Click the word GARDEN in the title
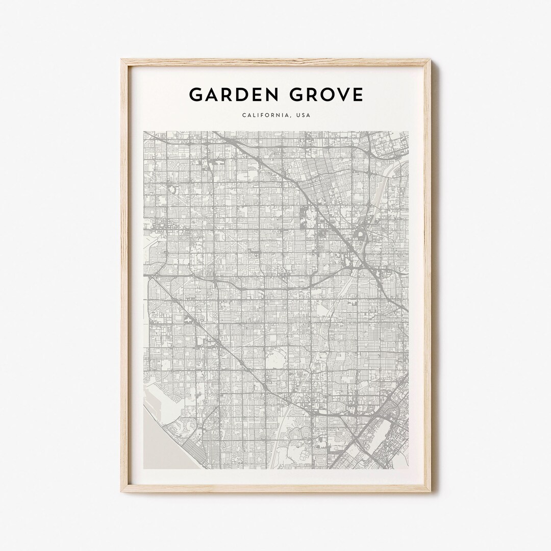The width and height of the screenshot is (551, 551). (230, 95)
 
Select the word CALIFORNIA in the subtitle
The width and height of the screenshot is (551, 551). (264, 115)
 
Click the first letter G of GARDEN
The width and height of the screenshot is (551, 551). (195, 95)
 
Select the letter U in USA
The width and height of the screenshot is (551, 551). (297, 115)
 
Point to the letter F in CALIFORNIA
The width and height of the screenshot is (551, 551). (262, 115)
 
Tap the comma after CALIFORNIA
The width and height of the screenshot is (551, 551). (289, 117)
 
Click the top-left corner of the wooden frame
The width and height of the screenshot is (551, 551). (121, 60)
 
